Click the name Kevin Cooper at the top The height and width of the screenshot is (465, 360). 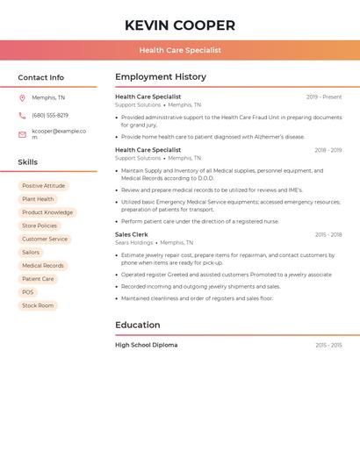[x=180, y=25]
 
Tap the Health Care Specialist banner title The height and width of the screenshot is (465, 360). [x=180, y=50]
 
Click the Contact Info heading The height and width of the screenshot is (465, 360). [x=41, y=77]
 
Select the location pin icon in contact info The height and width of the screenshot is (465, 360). [x=22, y=97]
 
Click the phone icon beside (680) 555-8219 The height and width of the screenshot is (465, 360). [x=22, y=116]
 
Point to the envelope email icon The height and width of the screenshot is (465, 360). [x=22, y=134]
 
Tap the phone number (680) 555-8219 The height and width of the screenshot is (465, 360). [x=50, y=116]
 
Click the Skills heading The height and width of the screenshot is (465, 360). [x=28, y=162]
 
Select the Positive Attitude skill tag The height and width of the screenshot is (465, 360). [x=43, y=186]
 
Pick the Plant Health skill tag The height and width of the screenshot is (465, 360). [x=38, y=199]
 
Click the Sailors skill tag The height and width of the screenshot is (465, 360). [x=31, y=253]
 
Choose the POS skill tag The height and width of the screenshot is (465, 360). [x=28, y=292]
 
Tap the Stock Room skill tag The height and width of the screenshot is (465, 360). [x=38, y=305]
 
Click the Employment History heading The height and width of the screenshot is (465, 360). [x=161, y=77]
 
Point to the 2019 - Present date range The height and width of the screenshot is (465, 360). [x=324, y=97]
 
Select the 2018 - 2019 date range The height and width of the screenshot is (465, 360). [x=328, y=150]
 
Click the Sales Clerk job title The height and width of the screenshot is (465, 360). [x=132, y=234]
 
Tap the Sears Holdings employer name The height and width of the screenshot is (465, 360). [x=134, y=242]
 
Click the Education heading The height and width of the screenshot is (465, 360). [x=138, y=325]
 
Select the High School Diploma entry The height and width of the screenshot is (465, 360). [x=147, y=345]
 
